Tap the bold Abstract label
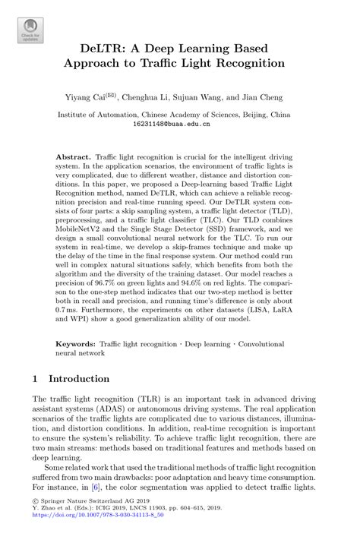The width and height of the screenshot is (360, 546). (x=73, y=153)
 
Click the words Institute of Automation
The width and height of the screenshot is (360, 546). (x=100, y=115)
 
